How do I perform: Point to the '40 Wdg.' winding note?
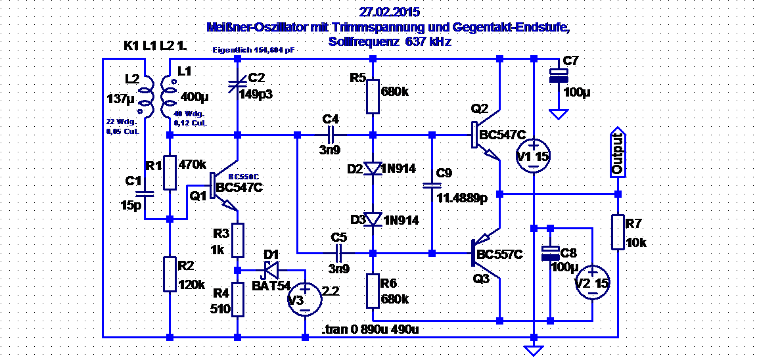coord(187,114)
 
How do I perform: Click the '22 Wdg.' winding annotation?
coord(121,122)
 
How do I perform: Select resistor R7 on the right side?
coord(618,232)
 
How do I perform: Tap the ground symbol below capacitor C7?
coord(559,115)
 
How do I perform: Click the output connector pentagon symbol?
coord(618,152)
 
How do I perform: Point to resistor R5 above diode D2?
coord(373,97)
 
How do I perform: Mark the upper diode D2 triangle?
coord(373,169)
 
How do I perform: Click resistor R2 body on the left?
coord(170,275)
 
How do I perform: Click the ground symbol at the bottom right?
coord(534,350)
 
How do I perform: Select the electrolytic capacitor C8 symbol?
coord(550,253)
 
